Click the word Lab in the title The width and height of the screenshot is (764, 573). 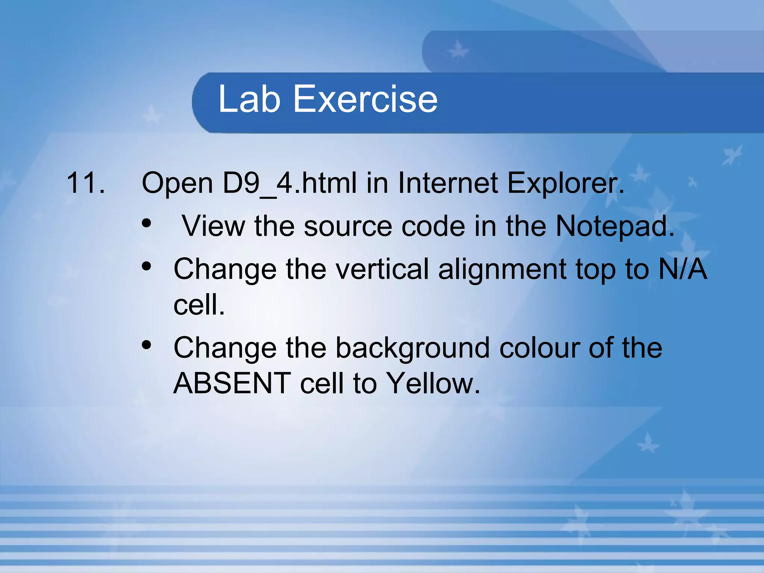pos(249,99)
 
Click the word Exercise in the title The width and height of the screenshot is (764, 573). pos(365,99)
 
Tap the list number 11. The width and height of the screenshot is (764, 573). pos(85,183)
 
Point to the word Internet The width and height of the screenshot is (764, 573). pos(448,183)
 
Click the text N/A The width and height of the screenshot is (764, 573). pos(682,269)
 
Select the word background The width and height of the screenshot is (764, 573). pos(413,348)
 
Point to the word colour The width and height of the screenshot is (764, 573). pos(539,348)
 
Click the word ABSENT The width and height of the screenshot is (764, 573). pos(232,383)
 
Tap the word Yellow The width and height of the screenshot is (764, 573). pos(433,383)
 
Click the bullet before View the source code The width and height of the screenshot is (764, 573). pos(147,223)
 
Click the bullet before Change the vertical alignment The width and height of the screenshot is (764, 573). pos(147,266)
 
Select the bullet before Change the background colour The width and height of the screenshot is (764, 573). pos(147,345)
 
